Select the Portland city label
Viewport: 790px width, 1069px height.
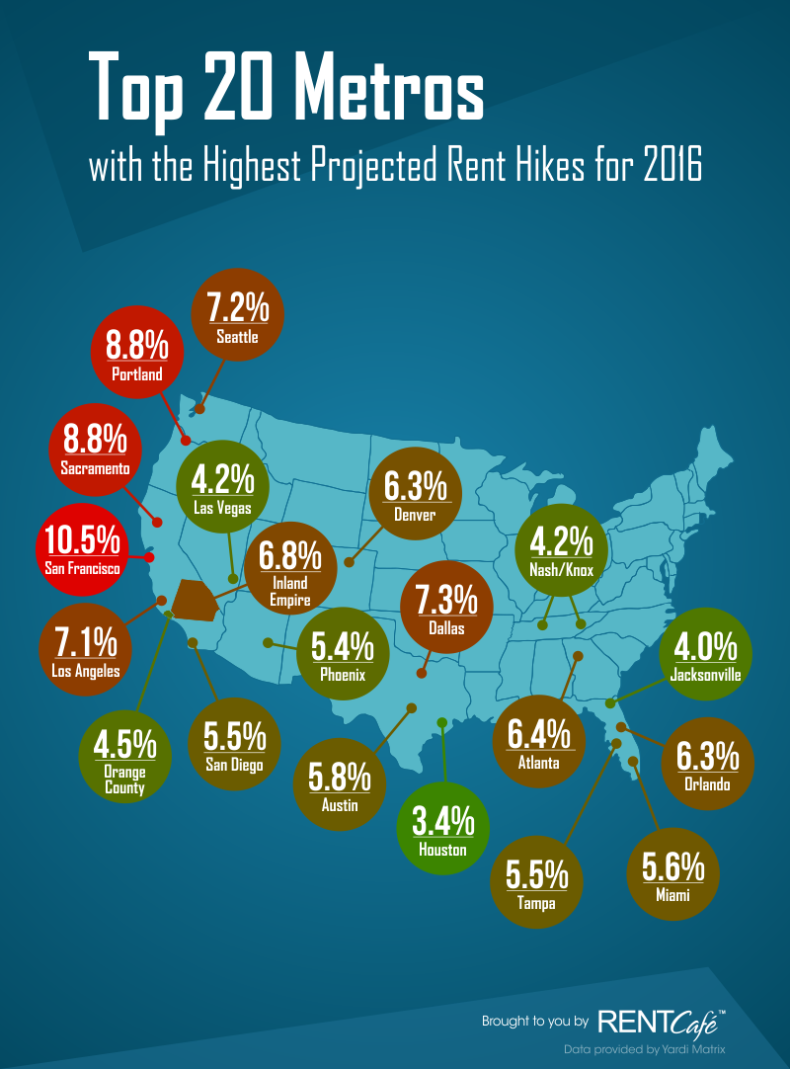(137, 374)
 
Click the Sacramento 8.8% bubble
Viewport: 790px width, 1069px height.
(94, 450)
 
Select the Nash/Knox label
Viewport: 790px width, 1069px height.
(561, 569)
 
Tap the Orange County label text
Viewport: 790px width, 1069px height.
(124, 780)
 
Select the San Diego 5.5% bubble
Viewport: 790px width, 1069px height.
(234, 748)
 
